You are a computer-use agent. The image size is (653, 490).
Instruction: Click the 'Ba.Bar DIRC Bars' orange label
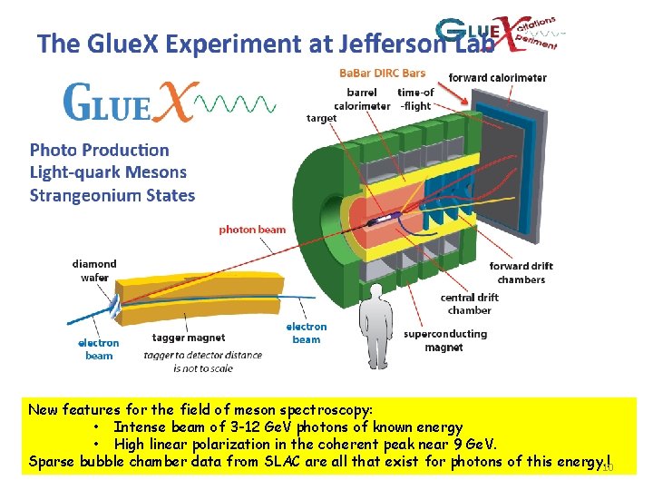[x=382, y=73]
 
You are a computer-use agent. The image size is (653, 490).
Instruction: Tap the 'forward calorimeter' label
[x=497, y=78]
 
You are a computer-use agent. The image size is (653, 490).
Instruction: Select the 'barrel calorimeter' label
[x=362, y=99]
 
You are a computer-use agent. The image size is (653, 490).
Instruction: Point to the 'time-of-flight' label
[x=415, y=99]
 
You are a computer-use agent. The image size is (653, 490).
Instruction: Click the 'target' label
[x=321, y=118]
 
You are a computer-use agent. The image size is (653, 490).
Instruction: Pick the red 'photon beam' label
[x=252, y=230]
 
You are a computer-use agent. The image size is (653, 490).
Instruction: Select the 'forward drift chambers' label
[x=521, y=272]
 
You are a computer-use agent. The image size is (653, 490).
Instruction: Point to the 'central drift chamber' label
[x=470, y=303]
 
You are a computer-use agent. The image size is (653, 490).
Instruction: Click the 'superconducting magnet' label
[x=445, y=340]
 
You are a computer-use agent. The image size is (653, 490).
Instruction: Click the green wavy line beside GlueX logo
[x=238, y=103]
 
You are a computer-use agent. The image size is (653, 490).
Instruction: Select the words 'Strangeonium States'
[x=112, y=195]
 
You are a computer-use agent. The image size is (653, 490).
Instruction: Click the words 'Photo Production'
[x=100, y=150]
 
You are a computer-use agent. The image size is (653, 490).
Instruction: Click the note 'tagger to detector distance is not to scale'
[x=202, y=361]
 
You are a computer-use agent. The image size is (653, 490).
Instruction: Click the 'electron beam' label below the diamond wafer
[x=98, y=349]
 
